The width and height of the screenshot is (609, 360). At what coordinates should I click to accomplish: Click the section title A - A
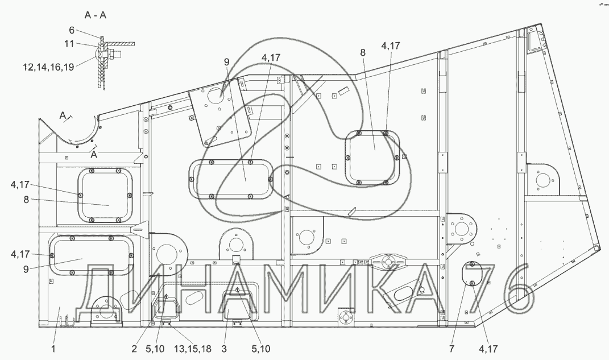click(x=95, y=15)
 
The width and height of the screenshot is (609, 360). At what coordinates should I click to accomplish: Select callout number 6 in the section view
click(x=72, y=30)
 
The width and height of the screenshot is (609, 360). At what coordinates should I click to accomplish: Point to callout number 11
click(x=69, y=43)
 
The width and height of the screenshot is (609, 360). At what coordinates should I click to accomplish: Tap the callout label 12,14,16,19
click(x=48, y=67)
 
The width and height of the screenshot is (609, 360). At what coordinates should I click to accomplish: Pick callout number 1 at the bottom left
click(x=53, y=349)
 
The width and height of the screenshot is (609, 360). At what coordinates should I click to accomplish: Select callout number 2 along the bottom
click(x=134, y=349)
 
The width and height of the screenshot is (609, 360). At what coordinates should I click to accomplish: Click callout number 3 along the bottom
click(x=223, y=349)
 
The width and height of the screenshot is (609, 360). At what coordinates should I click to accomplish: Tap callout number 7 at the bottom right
click(x=451, y=349)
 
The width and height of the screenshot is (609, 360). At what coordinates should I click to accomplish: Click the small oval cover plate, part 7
click(x=471, y=274)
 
